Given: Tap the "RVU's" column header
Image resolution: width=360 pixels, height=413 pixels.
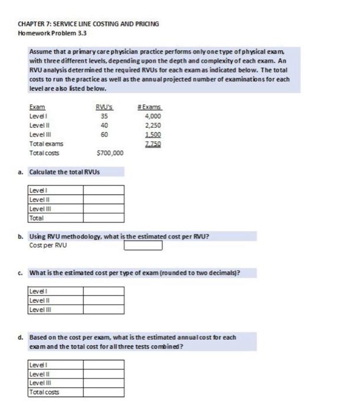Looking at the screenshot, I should (x=104, y=107).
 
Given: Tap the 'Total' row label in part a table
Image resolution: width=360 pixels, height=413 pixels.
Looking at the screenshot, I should (x=37, y=217).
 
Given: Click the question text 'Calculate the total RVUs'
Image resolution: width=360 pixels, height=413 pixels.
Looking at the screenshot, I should (x=66, y=172).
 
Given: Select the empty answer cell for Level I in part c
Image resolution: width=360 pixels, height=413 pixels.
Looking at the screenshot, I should (x=103, y=291).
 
